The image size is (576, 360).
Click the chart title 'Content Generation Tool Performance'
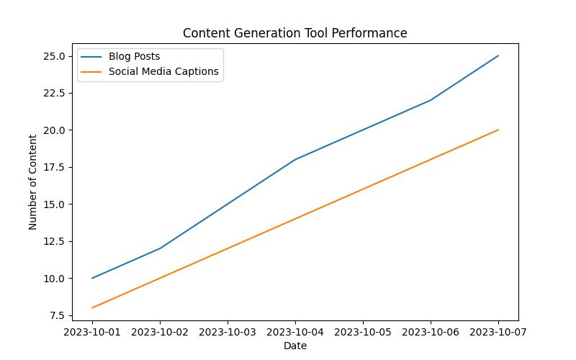click(x=294, y=33)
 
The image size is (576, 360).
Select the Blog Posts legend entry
click(x=134, y=56)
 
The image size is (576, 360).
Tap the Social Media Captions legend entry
click(x=163, y=71)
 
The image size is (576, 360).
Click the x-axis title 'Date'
click(x=294, y=346)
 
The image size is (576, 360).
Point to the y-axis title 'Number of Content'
click(x=33, y=181)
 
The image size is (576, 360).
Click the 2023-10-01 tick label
click(x=92, y=333)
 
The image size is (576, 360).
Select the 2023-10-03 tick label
click(x=228, y=333)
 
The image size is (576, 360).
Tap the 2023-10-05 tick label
click(x=363, y=333)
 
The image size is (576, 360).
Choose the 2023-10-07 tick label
click(x=498, y=333)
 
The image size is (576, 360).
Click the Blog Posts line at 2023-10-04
click(x=295, y=160)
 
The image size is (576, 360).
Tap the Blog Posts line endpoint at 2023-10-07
click(x=498, y=56)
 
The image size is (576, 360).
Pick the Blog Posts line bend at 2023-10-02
click(x=160, y=248)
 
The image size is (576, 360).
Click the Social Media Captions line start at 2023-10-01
click(x=92, y=307)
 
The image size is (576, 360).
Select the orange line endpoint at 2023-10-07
click(x=498, y=130)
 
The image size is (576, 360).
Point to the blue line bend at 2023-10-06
click(x=431, y=100)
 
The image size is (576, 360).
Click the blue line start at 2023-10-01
click(x=92, y=278)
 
